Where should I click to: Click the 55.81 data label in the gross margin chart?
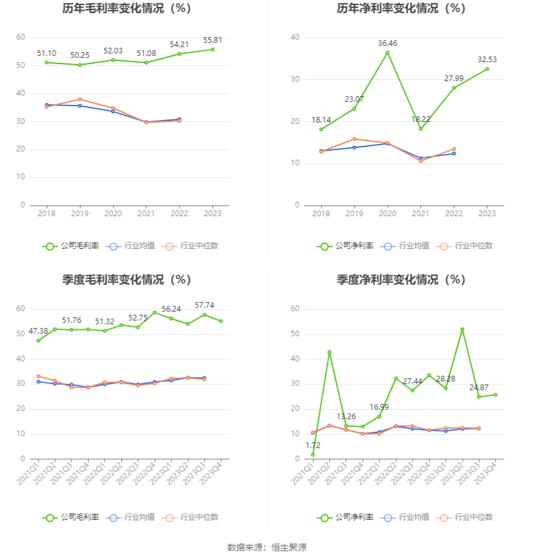(x=212, y=40)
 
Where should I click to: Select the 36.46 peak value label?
(x=387, y=43)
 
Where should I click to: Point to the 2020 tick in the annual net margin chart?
(x=387, y=214)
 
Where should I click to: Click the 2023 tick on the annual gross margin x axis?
(x=212, y=214)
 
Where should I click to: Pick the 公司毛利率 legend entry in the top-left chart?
(x=71, y=246)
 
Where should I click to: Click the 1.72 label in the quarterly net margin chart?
(x=312, y=445)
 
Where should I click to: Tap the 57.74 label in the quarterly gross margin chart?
(x=204, y=305)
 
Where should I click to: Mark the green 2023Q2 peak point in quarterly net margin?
(x=462, y=329)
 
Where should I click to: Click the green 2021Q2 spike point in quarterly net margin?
(x=329, y=352)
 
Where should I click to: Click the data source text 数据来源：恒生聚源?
(x=266, y=547)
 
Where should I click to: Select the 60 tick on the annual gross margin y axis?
(x=21, y=38)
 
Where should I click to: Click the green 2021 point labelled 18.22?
(x=420, y=129)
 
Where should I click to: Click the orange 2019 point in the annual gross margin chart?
(x=80, y=99)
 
